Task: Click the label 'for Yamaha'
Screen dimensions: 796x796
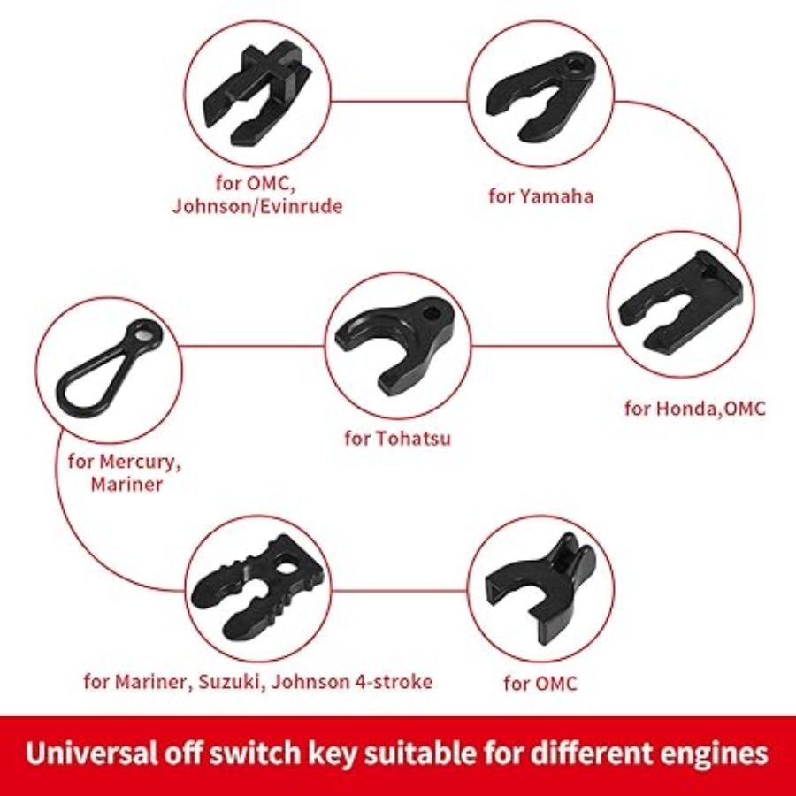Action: (541, 195)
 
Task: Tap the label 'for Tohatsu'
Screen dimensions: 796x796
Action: (397, 437)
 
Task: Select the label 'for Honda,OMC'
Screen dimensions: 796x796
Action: (695, 408)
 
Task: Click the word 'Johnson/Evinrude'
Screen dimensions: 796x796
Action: (256, 207)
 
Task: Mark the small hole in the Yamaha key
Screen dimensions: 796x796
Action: (577, 64)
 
